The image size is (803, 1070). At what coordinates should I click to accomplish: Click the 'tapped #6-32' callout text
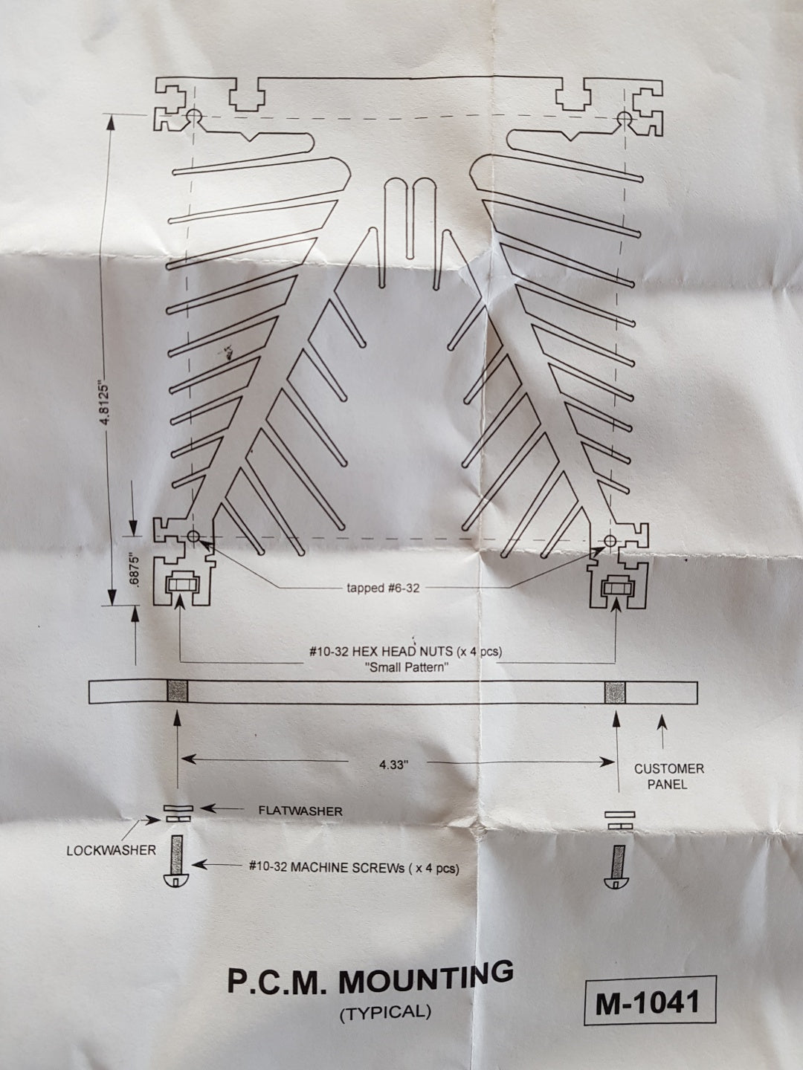[383, 588]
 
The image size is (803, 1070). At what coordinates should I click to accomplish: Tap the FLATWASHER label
[300, 811]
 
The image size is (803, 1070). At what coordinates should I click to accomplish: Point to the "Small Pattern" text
[406, 667]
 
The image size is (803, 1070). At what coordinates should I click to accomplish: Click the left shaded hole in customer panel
[178, 692]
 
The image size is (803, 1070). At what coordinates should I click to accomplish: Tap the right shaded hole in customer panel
[616, 693]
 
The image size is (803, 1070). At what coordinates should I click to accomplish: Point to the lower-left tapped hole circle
[193, 536]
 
